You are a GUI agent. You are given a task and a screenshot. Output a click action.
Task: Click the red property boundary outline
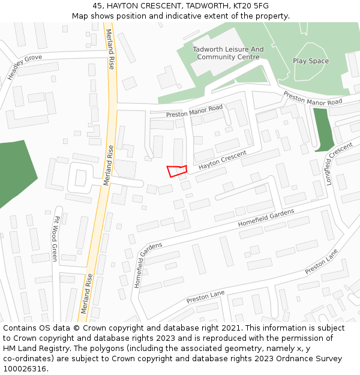pyautogui.click(x=177, y=171)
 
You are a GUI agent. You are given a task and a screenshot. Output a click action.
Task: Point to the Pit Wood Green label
pyautogui.click(x=55, y=238)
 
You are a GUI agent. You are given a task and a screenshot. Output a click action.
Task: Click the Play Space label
pyautogui.click(x=311, y=61)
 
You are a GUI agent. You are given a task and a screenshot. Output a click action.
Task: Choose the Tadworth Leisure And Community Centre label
pyautogui.click(x=228, y=53)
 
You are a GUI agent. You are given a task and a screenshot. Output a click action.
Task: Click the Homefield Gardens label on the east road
pyautogui.click(x=266, y=217)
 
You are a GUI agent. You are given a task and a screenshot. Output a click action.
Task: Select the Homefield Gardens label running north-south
pyautogui.click(x=140, y=265)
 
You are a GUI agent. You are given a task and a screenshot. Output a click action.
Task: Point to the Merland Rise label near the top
pyautogui.click(x=110, y=49)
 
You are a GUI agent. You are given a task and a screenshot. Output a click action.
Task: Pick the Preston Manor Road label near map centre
pyautogui.click(x=194, y=111)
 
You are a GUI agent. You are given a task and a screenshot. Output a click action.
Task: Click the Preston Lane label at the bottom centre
pyautogui.click(x=205, y=296)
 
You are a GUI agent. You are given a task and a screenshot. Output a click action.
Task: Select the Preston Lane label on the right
pyautogui.click(x=322, y=262)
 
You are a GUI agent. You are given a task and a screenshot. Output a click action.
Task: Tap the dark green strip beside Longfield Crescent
pyautogui.click(x=323, y=130)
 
